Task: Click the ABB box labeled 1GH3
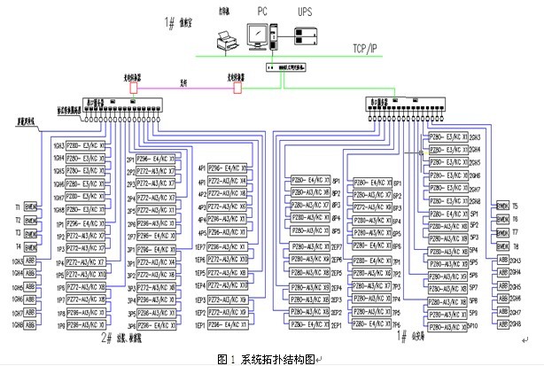pyautogui.click(x=29, y=262)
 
